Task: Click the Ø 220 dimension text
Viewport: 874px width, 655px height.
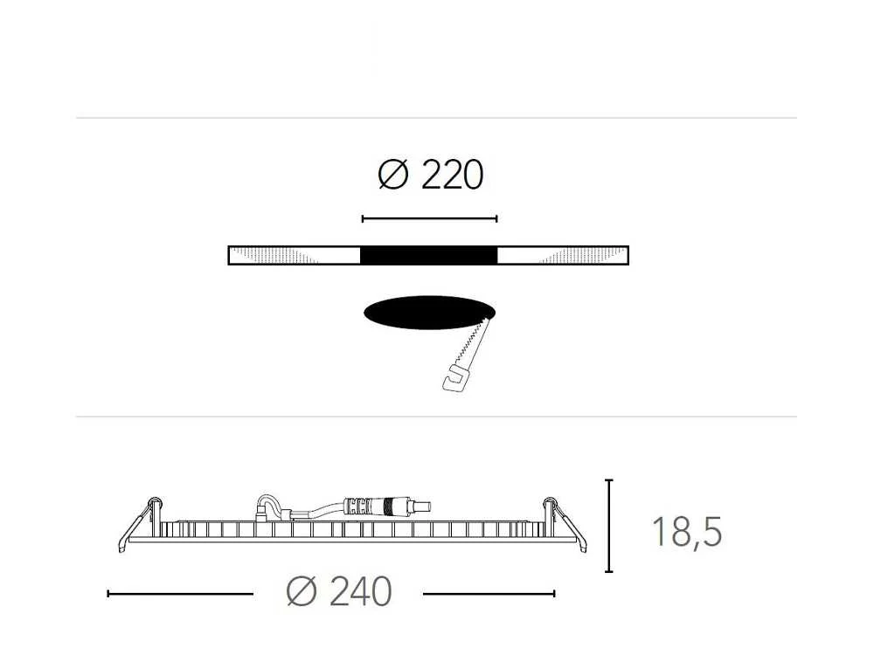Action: [x=430, y=175]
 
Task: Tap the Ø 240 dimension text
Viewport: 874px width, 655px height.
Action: [x=339, y=591]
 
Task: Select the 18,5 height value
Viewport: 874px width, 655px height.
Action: [x=687, y=532]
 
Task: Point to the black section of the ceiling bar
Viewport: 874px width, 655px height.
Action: [x=428, y=255]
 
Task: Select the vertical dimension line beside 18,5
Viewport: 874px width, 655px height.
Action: [x=608, y=526]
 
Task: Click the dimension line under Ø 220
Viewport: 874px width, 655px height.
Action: [x=429, y=219]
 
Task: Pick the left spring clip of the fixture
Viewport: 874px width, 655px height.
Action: [x=139, y=523]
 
